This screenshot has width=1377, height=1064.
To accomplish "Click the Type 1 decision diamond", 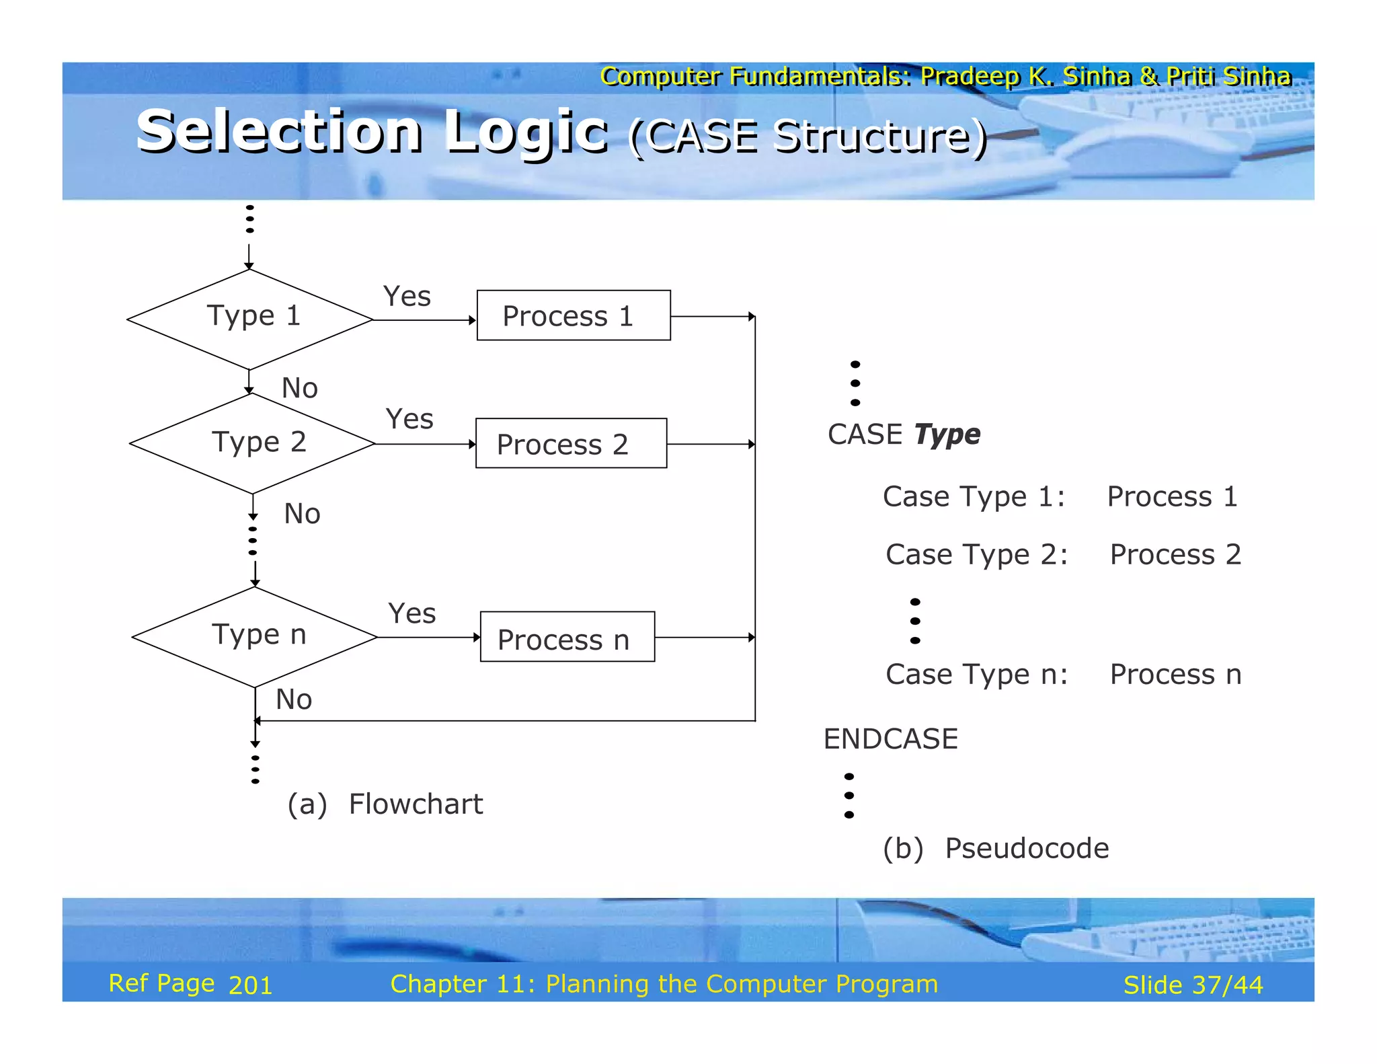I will tap(249, 319).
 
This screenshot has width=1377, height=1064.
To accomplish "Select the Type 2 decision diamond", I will tap(252, 443).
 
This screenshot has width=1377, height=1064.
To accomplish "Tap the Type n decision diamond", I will tap(255, 636).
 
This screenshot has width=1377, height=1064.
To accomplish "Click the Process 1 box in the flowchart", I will tap(574, 315).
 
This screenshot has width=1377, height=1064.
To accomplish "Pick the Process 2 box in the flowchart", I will tap(571, 443).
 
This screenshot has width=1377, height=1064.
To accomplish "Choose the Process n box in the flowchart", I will tap(567, 637).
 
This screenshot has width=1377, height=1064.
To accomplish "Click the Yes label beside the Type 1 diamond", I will tap(407, 296).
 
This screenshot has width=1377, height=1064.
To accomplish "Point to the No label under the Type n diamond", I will tap(294, 699).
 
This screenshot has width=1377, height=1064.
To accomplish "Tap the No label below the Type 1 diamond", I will tap(299, 388).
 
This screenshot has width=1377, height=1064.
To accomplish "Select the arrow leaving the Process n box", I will tap(705, 637).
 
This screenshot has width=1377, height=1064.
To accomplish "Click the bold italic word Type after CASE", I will tap(947, 434).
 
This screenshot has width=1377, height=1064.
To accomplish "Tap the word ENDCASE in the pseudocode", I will tap(890, 738).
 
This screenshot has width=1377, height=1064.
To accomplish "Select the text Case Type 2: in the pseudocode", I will tap(976, 555).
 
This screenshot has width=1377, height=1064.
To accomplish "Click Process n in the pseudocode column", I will tap(1175, 674).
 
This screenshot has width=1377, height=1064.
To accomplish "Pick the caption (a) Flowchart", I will tap(385, 804).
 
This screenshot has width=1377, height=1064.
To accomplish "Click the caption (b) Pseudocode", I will tap(995, 848).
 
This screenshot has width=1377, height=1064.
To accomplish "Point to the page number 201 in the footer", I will tap(250, 985).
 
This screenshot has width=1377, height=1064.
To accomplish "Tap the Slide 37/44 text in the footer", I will tap(1193, 985).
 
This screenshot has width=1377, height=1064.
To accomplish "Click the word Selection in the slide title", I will tap(279, 131).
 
